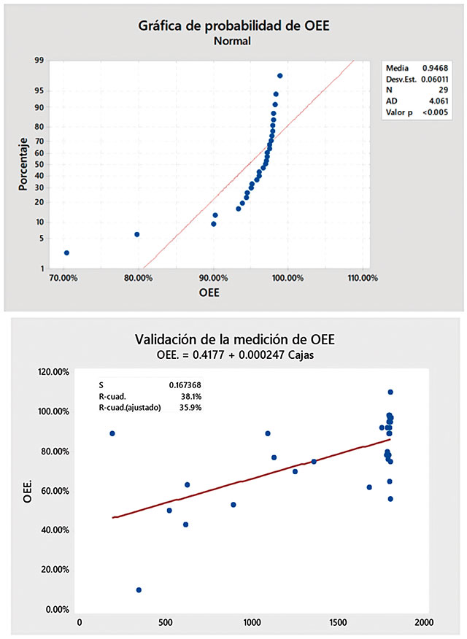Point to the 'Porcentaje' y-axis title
[x=23, y=163]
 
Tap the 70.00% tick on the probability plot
[x=63, y=278]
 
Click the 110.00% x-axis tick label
[x=363, y=278]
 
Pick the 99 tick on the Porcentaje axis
[x=38, y=61]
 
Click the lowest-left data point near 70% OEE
[x=66, y=252]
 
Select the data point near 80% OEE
[x=136, y=234]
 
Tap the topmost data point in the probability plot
[x=280, y=76]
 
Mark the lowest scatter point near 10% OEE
[x=139, y=589]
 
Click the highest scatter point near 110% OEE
[x=390, y=392]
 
